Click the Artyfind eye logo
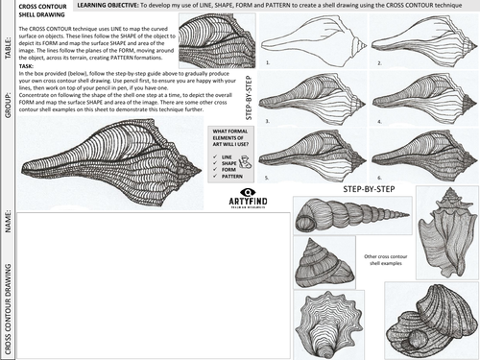click(249, 193)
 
